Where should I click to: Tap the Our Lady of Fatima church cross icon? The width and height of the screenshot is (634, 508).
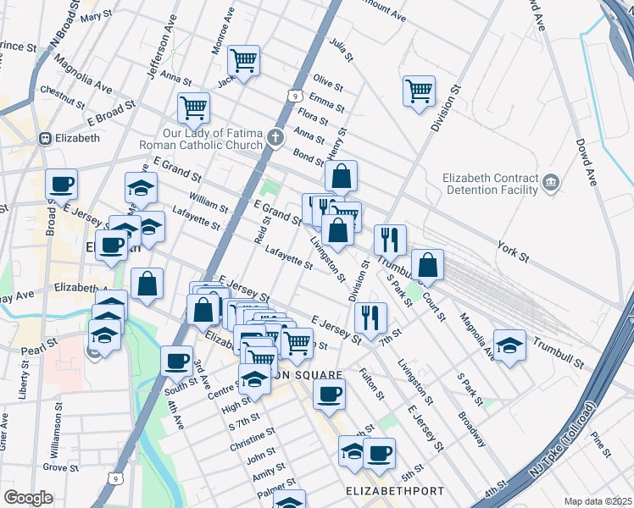[275, 138]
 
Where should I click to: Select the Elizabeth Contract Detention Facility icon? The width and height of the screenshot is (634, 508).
[550, 183]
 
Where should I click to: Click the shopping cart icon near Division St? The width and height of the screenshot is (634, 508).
[419, 91]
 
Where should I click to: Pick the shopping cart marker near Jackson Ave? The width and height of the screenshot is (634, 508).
[243, 60]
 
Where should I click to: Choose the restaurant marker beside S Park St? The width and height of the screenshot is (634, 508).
[390, 240]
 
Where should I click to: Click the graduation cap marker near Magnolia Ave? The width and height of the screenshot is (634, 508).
[509, 345]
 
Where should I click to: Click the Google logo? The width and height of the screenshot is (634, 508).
[28, 498]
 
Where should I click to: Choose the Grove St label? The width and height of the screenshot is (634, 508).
[60, 467]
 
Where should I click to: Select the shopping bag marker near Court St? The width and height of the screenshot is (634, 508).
[429, 264]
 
